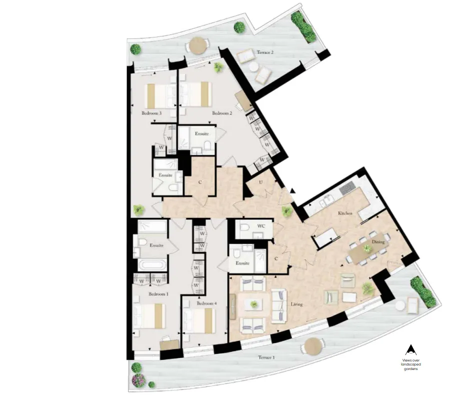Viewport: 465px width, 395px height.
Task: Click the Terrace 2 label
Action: [x=265, y=52]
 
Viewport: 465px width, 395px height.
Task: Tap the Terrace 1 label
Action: [x=266, y=357]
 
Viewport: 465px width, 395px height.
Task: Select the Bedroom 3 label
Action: [x=151, y=113]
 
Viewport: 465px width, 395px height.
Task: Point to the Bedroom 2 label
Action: [x=222, y=113]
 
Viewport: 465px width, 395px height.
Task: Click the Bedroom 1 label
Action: [x=159, y=294]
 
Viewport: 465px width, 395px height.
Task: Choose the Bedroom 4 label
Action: [x=207, y=303]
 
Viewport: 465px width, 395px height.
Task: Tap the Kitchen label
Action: [x=346, y=213]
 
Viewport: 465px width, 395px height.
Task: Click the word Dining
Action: [x=378, y=241]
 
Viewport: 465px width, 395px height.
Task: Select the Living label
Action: [x=297, y=304]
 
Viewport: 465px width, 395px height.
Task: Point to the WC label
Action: [x=261, y=226]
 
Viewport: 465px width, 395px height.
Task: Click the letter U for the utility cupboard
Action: [x=261, y=182]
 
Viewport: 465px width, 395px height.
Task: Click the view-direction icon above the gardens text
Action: [x=411, y=350]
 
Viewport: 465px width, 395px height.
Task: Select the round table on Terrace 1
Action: [x=313, y=346]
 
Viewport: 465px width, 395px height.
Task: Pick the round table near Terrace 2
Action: [x=198, y=45]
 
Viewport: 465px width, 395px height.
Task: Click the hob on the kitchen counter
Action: [x=347, y=187]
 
